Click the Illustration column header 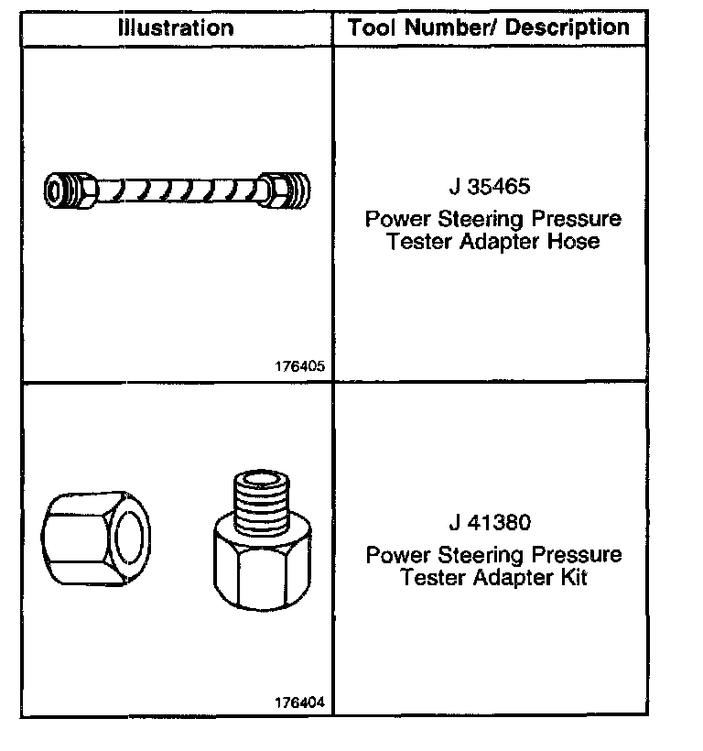tap(175, 27)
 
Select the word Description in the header tap(568, 27)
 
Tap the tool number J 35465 tap(490, 188)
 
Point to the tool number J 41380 tap(490, 524)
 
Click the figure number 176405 tap(299, 365)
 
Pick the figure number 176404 tap(299, 702)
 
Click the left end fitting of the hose tap(69, 190)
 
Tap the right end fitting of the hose tap(285, 190)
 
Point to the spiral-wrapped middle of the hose tap(177, 190)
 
